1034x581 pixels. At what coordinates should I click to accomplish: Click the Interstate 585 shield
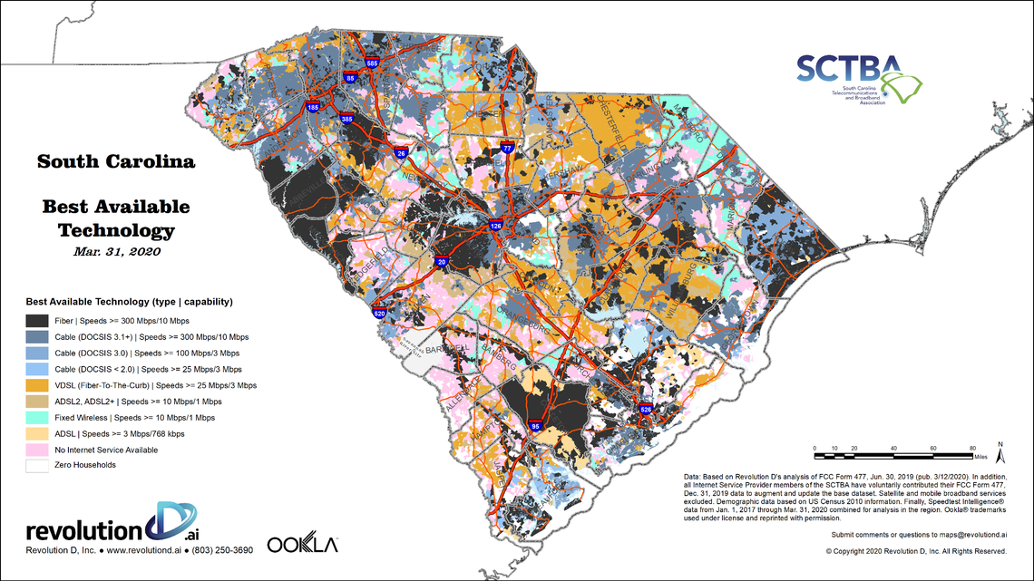[373, 63]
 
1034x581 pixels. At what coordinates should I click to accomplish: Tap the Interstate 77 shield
[508, 148]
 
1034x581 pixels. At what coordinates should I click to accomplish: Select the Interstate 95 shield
[534, 425]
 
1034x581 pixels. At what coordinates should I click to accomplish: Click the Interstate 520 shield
[379, 314]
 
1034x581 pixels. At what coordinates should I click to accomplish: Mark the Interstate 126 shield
[495, 225]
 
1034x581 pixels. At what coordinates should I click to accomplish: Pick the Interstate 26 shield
[401, 153]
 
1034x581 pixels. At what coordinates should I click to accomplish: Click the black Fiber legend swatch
[37, 320]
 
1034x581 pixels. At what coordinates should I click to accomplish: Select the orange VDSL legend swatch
[37, 385]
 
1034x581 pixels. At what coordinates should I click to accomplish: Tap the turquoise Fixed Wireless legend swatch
[37, 418]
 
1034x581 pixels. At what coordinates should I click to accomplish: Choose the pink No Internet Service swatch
[37, 450]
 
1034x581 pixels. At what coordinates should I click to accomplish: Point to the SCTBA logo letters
[848, 69]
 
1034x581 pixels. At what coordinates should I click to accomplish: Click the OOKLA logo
[302, 545]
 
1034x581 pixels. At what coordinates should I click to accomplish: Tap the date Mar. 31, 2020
[116, 251]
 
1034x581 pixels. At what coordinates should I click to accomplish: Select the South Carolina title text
[116, 162]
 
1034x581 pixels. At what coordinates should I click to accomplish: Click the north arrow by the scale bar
[1000, 447]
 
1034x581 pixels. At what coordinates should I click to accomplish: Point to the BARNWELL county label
[446, 347]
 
